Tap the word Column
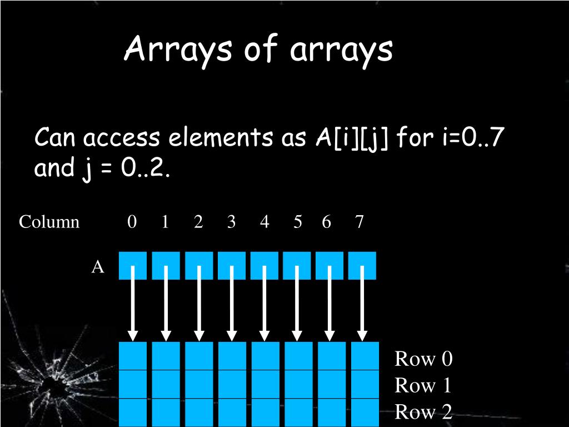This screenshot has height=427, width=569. (49, 222)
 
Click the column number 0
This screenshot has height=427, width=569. (132, 222)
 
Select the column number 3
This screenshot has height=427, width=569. (231, 222)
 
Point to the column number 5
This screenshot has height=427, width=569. (298, 222)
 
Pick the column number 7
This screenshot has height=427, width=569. (360, 222)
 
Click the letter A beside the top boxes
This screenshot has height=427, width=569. (98, 267)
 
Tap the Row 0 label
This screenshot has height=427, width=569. (423, 359)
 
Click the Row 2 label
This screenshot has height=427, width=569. (423, 412)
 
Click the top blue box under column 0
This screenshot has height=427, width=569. (133, 265)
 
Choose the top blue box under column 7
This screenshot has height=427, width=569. (362, 265)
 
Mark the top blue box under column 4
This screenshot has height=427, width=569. (264, 265)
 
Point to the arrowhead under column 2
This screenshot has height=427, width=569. (198, 335)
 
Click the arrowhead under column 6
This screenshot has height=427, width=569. (330, 335)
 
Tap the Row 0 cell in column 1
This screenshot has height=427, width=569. (166, 356)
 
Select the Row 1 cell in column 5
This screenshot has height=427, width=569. (298, 384)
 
